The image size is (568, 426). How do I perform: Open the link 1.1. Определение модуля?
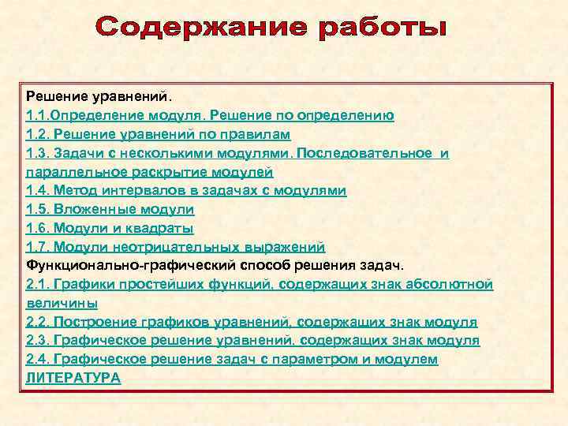click(x=118, y=115)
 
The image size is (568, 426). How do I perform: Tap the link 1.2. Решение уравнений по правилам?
click(x=159, y=134)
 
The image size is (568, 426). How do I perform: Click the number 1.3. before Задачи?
click(x=37, y=153)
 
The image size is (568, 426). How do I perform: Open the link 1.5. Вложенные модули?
click(x=110, y=209)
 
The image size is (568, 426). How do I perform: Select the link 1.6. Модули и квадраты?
click(x=110, y=228)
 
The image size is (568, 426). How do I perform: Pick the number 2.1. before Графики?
click(x=37, y=284)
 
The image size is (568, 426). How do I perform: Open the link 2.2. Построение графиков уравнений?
click(x=158, y=322)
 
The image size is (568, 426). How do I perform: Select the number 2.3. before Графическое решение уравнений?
click(x=37, y=340)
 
